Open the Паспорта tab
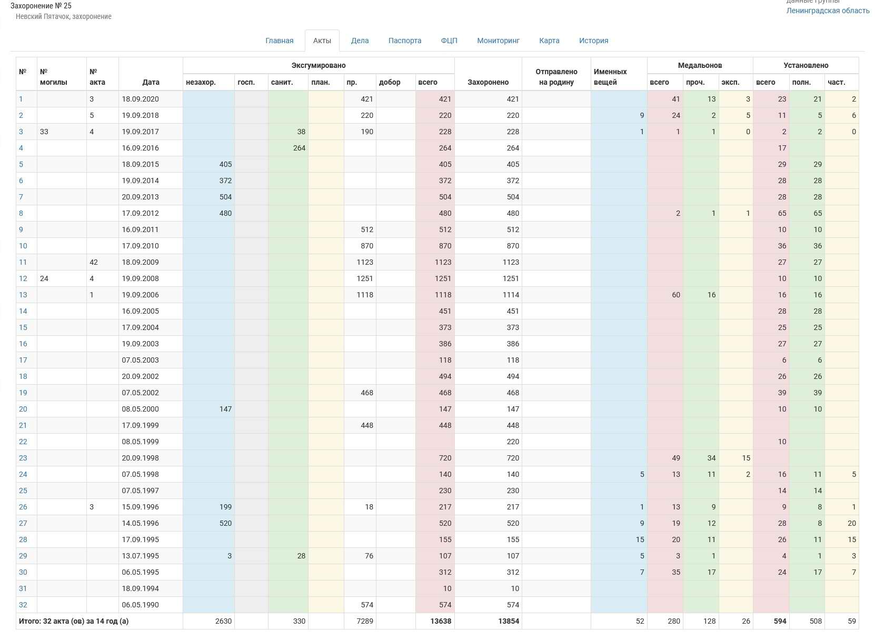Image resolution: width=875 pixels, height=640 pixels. click(x=404, y=41)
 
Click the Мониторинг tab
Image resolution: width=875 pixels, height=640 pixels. click(x=498, y=41)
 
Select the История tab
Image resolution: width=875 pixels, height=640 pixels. click(x=593, y=41)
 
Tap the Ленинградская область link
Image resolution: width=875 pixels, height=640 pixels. click(x=828, y=11)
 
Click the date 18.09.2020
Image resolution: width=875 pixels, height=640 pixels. click(x=140, y=99)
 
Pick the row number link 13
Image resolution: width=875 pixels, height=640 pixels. click(x=23, y=295)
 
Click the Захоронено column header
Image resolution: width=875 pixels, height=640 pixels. click(x=488, y=82)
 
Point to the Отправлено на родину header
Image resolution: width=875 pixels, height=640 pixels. click(x=556, y=77)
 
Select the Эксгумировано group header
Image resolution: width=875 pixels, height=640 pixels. click(x=319, y=65)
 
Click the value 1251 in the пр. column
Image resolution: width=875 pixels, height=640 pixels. click(x=365, y=278)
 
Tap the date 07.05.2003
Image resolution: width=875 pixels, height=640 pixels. click(x=140, y=360)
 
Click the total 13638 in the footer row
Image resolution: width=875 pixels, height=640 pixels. click(x=441, y=621)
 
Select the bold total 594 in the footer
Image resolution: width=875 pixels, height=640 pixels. click(x=780, y=621)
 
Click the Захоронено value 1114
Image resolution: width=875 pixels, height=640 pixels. click(x=510, y=295)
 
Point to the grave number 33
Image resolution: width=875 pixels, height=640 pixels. click(x=44, y=132)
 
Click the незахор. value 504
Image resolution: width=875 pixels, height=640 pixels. click(x=225, y=197)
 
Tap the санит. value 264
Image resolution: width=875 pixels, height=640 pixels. click(x=299, y=148)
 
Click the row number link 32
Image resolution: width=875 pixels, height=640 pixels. click(x=23, y=605)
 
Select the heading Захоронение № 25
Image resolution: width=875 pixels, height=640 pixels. click(x=41, y=6)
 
